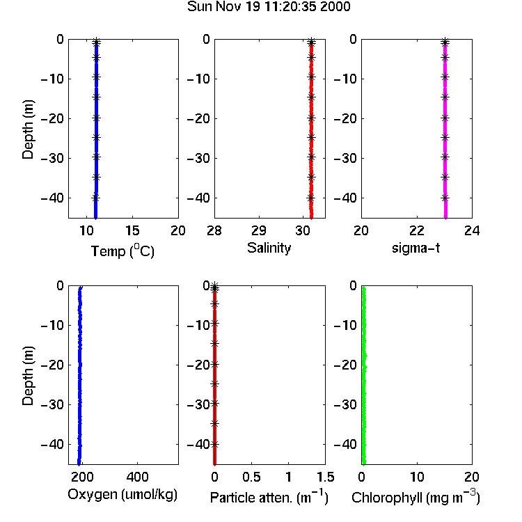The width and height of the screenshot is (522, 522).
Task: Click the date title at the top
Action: click(269, 7)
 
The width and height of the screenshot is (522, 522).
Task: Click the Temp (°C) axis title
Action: click(122, 251)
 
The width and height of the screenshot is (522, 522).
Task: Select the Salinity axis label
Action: click(269, 248)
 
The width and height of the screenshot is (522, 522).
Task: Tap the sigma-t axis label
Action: click(416, 248)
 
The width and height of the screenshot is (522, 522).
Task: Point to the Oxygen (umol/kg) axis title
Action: click(122, 495)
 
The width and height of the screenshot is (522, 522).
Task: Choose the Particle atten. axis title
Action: click(269, 498)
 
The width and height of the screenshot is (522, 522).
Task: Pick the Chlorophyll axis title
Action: click(416, 498)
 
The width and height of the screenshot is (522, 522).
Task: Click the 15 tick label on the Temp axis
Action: click(132, 230)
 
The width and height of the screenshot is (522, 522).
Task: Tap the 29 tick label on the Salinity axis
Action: click(259, 230)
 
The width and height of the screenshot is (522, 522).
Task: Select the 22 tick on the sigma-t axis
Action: click(417, 230)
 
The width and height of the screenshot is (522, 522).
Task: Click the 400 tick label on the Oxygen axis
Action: click(138, 477)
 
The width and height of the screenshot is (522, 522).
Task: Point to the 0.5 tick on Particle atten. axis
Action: click(251, 477)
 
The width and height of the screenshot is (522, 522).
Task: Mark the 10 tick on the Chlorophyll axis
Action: click(417, 477)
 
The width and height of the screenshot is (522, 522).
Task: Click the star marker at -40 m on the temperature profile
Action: click(95, 198)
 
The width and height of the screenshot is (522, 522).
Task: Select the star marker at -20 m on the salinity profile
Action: click(311, 118)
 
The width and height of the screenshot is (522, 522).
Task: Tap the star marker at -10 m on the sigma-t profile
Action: click(445, 77)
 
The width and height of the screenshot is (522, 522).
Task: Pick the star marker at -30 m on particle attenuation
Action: click(215, 404)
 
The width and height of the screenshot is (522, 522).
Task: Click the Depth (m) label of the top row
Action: click(28, 129)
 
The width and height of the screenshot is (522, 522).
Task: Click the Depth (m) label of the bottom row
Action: click(28, 376)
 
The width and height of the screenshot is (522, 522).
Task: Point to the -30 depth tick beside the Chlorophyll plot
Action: click(345, 404)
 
